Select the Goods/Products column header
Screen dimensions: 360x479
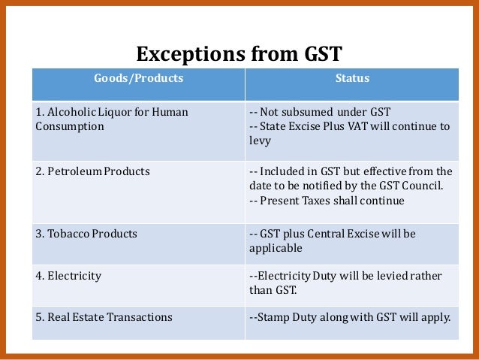click(138, 77)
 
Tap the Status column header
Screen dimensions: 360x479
click(351, 77)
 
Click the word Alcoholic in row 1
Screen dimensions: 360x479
click(71, 112)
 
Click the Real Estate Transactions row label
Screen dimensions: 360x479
click(104, 317)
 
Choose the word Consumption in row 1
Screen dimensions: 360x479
click(70, 126)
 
